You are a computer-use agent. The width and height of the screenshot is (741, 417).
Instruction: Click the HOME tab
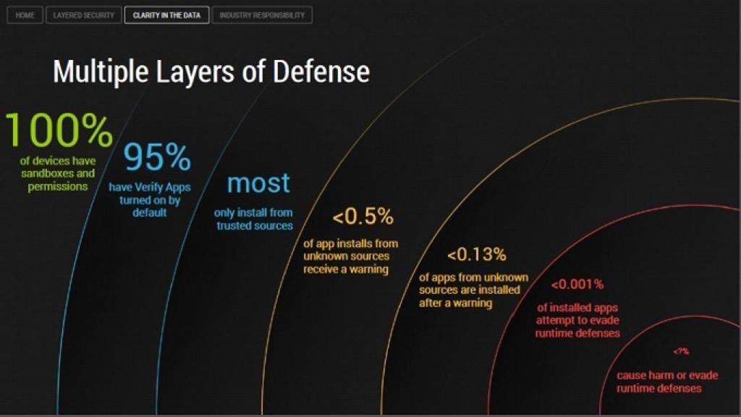[25, 15]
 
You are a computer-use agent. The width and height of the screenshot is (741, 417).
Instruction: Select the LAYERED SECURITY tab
[84, 15]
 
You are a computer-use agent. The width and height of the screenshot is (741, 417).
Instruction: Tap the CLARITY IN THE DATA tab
[166, 15]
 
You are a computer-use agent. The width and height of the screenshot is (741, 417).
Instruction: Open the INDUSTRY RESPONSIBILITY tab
[262, 15]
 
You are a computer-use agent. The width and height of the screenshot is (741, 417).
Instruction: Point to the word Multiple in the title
[98, 72]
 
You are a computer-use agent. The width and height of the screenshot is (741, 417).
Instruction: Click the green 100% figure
[59, 131]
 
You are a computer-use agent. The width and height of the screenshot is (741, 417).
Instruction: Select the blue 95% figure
[157, 157]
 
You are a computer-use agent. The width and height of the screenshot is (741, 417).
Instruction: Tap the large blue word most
[258, 183]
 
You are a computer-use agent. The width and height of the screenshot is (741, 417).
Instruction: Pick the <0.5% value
[363, 216]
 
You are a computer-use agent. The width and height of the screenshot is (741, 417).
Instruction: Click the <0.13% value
[476, 255]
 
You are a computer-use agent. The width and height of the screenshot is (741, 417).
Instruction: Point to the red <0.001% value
[577, 285]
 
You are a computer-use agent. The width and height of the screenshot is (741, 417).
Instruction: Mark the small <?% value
[681, 351]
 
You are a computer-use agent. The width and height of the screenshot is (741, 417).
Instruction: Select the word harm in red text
[661, 376]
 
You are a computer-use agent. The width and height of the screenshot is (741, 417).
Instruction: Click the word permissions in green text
[58, 187]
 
